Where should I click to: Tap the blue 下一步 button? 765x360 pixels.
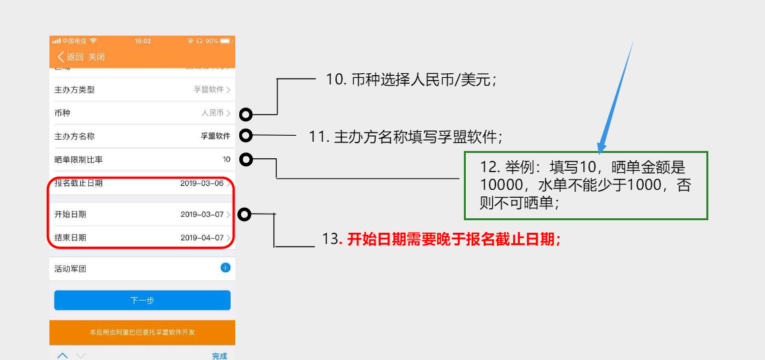[x=142, y=300]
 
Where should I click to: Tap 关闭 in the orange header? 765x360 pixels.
[x=96, y=57]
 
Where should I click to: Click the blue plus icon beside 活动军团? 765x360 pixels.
[x=225, y=268]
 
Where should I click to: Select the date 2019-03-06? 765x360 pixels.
[x=202, y=183]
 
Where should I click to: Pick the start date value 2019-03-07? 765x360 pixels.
[x=202, y=214]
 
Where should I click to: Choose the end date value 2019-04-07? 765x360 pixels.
[x=202, y=237]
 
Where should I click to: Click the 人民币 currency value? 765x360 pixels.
[x=212, y=113]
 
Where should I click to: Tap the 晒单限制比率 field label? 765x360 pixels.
[x=78, y=160]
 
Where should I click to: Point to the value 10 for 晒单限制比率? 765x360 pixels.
[x=226, y=160]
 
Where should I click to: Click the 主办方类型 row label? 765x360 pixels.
[x=74, y=90]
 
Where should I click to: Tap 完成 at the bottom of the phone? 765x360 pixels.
[x=219, y=356]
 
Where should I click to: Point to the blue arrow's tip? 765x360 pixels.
[x=600, y=151]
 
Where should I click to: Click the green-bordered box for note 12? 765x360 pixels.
[x=586, y=185]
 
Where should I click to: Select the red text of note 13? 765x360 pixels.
[x=454, y=239]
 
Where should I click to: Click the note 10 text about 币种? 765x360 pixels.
[x=411, y=80]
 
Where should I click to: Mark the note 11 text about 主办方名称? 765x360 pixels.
[x=405, y=136]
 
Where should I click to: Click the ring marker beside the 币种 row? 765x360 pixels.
[x=246, y=115]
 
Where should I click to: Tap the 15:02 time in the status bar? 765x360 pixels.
[x=142, y=41]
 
